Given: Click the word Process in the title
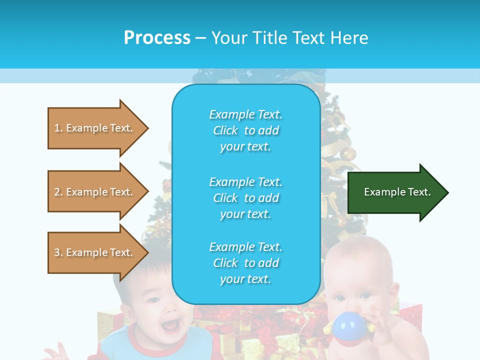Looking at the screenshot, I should point(157,38).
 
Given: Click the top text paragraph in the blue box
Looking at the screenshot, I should point(245,130).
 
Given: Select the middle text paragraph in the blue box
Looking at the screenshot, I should point(245,198).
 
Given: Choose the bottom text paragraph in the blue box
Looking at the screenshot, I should point(245,263).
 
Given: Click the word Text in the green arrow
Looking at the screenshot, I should point(420,192).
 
